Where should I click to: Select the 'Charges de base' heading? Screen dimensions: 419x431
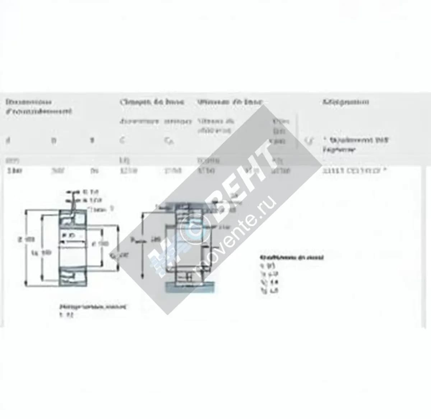[152, 102]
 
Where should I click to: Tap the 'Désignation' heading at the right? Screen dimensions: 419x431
[346, 102]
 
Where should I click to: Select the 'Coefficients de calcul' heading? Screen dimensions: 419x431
[292, 258]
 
